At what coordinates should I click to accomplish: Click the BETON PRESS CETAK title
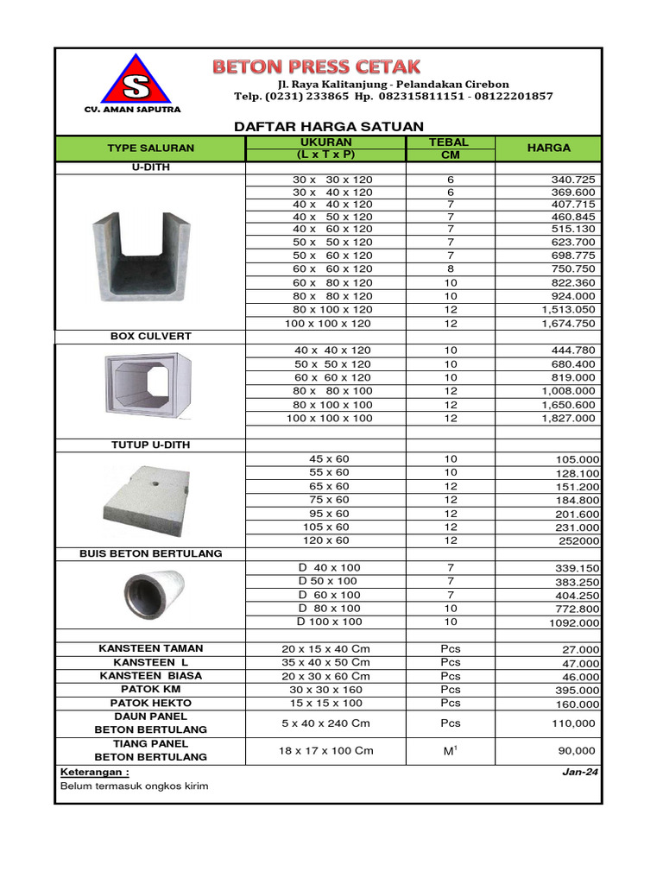click(x=317, y=66)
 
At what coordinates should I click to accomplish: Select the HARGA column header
click(x=549, y=148)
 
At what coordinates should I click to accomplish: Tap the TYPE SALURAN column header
click(x=150, y=148)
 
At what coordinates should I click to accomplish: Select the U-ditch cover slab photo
click(x=148, y=501)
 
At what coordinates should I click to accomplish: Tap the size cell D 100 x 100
click(x=330, y=622)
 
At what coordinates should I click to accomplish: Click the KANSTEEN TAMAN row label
click(x=150, y=648)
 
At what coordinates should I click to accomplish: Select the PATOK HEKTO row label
click(x=150, y=703)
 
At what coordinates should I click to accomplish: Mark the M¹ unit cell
click(x=449, y=751)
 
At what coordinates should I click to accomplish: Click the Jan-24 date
click(x=580, y=773)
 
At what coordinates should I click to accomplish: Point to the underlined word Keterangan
click(x=94, y=772)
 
